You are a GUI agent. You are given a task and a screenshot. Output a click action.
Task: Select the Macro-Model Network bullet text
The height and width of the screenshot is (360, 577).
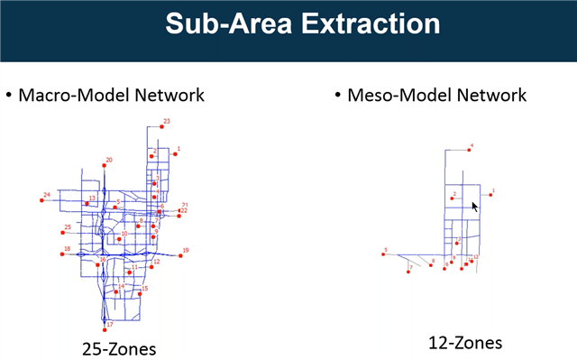point(112,95)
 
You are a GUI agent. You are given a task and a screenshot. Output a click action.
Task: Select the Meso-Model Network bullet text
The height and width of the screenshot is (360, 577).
point(436,95)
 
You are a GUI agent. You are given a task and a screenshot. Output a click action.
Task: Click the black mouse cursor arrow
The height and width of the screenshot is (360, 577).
point(474,206)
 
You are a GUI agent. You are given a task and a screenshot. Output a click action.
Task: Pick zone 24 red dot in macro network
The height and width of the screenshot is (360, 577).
point(41,200)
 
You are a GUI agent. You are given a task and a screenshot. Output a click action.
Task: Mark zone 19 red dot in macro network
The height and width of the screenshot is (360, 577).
point(180,255)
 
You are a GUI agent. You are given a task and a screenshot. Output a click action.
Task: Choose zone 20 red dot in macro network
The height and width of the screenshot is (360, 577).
point(105,166)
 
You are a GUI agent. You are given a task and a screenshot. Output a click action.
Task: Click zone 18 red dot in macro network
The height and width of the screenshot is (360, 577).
point(62,254)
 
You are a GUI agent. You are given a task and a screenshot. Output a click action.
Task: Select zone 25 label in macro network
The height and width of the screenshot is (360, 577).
point(67,228)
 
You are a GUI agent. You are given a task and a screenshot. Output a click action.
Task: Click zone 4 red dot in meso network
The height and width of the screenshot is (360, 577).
point(469,150)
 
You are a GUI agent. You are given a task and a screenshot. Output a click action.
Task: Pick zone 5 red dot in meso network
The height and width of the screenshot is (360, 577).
point(384,254)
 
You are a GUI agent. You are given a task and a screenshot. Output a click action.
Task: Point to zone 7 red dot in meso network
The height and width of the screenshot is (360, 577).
point(409,272)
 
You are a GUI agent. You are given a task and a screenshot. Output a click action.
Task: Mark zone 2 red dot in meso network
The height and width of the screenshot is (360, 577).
point(451,198)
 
